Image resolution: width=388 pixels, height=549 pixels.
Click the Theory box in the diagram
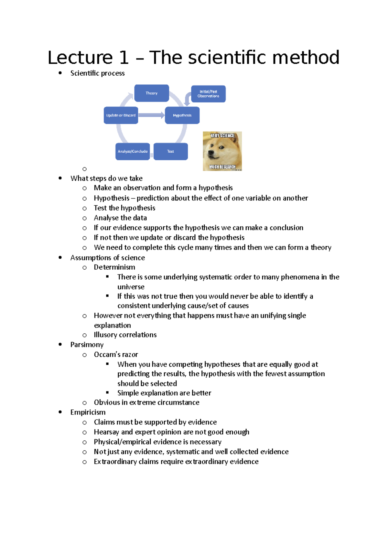(x=151, y=93)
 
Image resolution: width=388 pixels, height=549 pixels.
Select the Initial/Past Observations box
(x=208, y=94)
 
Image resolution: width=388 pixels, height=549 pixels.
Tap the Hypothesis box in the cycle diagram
(x=182, y=115)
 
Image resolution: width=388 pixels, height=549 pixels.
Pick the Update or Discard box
(x=121, y=115)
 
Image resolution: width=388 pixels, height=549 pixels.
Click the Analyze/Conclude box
(x=133, y=151)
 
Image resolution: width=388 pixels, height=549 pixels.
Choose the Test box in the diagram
(x=170, y=151)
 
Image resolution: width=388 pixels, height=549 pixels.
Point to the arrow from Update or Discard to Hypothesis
(x=151, y=115)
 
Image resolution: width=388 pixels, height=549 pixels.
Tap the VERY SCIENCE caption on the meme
(x=222, y=135)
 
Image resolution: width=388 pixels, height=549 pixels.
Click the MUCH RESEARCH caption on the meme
(x=222, y=167)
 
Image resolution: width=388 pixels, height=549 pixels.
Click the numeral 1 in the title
(x=124, y=58)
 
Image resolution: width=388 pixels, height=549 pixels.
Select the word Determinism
(x=114, y=267)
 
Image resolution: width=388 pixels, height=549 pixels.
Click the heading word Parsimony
(x=87, y=345)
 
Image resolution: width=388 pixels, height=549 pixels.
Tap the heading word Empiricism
(x=88, y=412)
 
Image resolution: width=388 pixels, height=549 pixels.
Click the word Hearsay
(x=106, y=432)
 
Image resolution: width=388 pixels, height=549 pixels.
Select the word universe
(x=131, y=287)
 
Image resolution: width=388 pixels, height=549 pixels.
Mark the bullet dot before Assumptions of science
(x=60, y=258)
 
